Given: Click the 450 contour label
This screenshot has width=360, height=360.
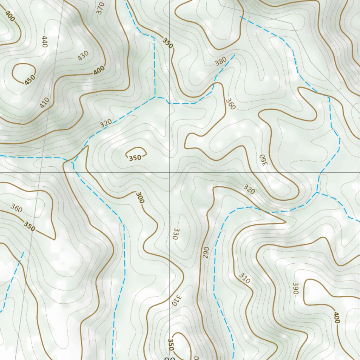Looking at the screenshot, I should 30,79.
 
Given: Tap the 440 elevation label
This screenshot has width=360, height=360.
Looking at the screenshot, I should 44,42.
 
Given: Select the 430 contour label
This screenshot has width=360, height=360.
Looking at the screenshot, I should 83,56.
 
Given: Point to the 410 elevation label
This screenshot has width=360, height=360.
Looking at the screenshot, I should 45,103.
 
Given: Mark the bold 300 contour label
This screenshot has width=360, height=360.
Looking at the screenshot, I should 140,198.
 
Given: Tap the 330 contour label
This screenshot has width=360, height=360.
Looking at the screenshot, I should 176,234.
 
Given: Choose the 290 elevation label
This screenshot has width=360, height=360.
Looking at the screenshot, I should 206,252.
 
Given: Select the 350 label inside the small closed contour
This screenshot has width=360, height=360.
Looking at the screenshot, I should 135,158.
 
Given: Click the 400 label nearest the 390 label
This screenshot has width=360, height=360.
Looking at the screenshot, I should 336,317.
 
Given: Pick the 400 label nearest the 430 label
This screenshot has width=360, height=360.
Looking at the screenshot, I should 99,70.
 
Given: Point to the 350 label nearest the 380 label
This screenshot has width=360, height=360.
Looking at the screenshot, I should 168,43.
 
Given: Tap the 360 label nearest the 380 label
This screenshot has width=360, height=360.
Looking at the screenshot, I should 230,104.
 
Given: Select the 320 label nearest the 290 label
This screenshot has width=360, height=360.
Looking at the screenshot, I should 249,189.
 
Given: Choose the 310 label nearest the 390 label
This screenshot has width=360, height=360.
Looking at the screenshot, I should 244,278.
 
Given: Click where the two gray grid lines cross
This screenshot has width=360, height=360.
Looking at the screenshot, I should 170,172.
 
